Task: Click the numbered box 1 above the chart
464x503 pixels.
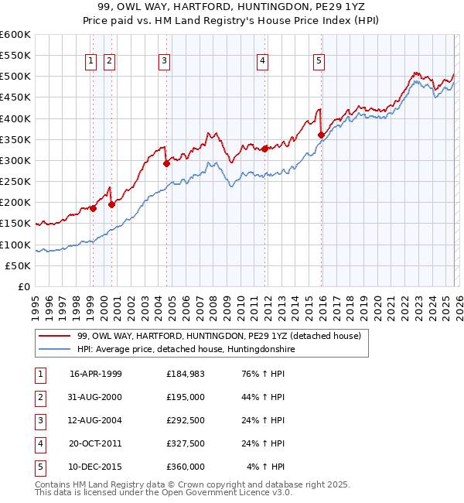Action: tap(91, 61)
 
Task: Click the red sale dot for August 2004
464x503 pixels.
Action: tap(166, 163)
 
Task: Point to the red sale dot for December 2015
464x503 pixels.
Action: tap(321, 135)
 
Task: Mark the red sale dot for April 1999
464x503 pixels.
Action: tap(93, 208)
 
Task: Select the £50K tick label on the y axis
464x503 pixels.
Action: tap(18, 265)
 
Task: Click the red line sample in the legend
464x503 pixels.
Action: tap(56, 336)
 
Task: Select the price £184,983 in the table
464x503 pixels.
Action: tap(186, 374)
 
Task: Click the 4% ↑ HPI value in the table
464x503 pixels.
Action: tap(266, 467)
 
